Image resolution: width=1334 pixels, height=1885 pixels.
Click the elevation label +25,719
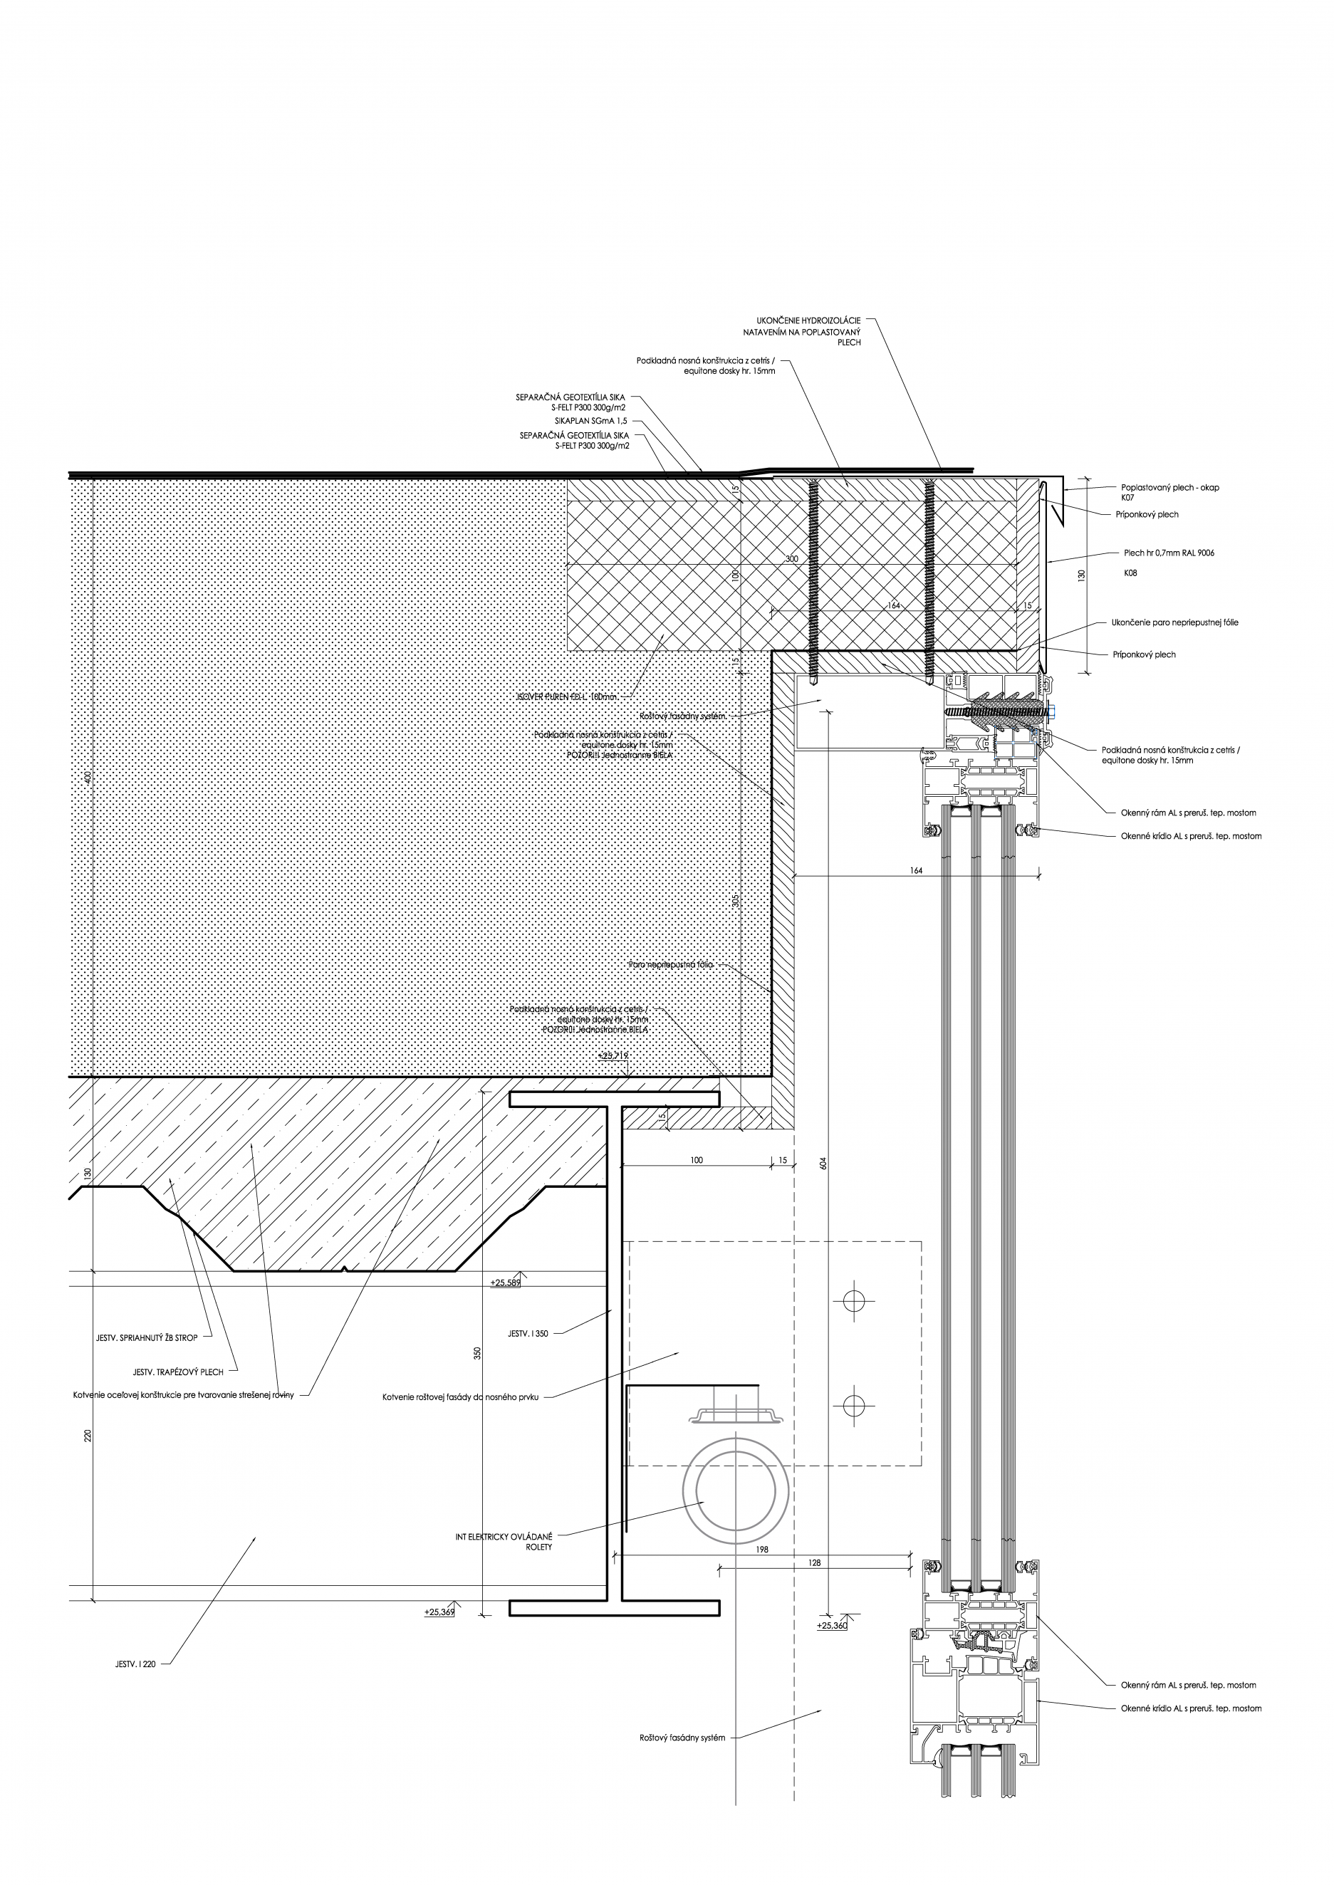click(x=614, y=1055)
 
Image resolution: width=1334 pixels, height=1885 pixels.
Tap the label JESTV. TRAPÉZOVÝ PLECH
click(x=177, y=1372)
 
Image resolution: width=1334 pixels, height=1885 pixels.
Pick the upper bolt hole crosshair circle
click(x=853, y=1300)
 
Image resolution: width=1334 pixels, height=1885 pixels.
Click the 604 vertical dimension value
click(x=824, y=1164)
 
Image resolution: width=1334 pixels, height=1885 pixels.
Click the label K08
click(x=1130, y=573)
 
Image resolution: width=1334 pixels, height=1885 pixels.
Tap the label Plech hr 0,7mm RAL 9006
click(x=1169, y=553)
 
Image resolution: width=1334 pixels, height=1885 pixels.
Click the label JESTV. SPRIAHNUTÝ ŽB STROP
click(x=147, y=1338)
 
